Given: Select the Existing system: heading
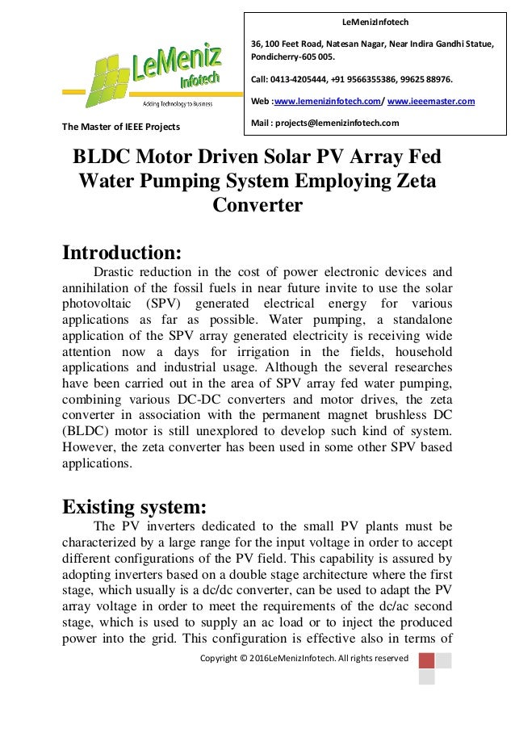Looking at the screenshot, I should (x=135, y=506).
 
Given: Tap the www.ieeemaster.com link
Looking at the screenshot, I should (x=431, y=101).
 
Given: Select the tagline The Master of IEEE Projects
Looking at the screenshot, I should (x=120, y=127).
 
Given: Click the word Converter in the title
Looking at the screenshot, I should (x=257, y=205).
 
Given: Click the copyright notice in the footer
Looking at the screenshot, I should (x=304, y=658).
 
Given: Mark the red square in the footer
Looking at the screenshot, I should (x=427, y=660).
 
